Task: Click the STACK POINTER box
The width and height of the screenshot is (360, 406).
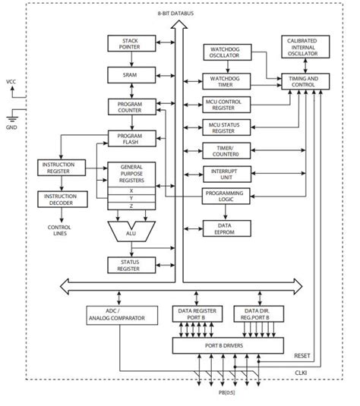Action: [x=130, y=44]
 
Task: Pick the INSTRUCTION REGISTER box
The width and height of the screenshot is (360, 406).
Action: [x=62, y=168]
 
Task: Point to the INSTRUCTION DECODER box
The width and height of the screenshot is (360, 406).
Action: [x=62, y=198]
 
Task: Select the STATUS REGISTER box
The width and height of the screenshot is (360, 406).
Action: [x=130, y=263]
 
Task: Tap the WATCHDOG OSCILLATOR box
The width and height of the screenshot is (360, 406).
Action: [x=225, y=52]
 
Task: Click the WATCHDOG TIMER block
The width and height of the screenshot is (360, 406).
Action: [x=225, y=80]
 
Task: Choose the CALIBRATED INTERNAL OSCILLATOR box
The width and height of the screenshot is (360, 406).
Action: [x=305, y=46]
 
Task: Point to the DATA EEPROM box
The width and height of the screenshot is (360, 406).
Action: [x=225, y=227]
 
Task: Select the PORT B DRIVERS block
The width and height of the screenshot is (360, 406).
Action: [x=225, y=347]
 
